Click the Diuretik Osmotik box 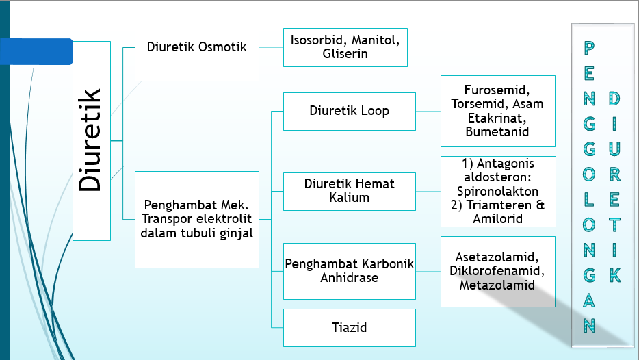click(x=197, y=47)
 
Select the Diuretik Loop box click(x=349, y=111)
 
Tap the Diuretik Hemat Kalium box click(x=349, y=191)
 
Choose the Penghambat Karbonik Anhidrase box click(x=349, y=272)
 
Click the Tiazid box click(x=349, y=327)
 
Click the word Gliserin click(x=345, y=54)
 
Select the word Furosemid click(x=498, y=90)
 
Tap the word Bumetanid click(x=497, y=131)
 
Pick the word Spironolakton click(x=497, y=192)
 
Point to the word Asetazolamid click(x=497, y=257)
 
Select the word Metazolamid click(x=497, y=285)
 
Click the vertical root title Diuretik click(x=91, y=140)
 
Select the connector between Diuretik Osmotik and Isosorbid click(x=271, y=47)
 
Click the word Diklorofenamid click(x=497, y=271)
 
